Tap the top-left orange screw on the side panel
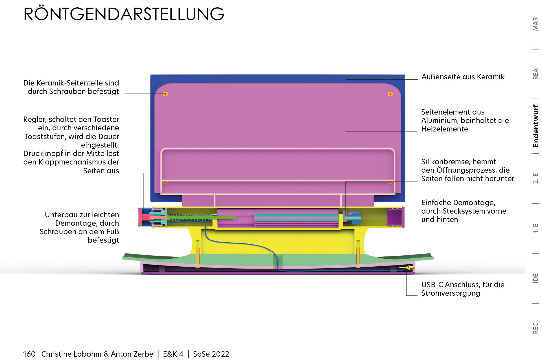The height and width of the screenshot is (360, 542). point(165,94)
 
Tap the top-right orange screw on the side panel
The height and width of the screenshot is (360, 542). point(390,94)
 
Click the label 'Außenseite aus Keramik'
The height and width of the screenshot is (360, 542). point(463,77)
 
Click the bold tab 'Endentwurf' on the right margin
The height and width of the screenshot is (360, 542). point(536,126)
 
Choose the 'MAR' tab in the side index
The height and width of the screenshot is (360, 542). point(536,24)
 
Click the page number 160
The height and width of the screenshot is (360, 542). point(29,354)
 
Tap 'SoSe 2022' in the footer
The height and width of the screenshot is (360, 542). point(211,354)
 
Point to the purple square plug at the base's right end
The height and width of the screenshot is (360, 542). point(395,217)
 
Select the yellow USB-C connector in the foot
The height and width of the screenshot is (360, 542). point(407,267)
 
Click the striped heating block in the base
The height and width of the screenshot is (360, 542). point(296,220)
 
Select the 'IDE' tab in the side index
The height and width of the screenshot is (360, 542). point(536,278)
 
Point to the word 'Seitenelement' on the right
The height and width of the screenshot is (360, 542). point(446,112)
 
